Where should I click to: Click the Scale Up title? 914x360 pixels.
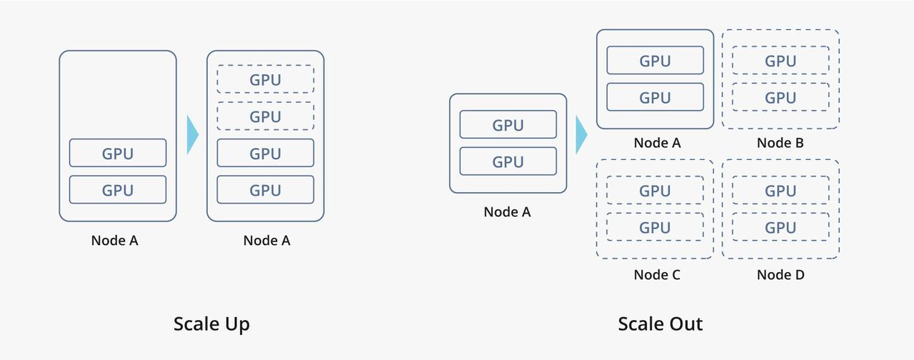pos(211,324)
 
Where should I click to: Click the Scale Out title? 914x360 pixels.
pos(660,324)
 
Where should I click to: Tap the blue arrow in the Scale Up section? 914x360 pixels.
pos(192,134)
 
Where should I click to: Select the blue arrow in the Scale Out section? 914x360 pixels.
pos(581,134)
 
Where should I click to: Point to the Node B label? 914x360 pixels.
pos(780,143)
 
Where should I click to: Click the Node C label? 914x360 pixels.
pos(657,275)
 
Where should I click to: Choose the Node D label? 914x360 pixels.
pos(780,275)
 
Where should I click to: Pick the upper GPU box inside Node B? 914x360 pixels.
pos(780,61)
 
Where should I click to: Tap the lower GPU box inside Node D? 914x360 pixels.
pos(780,228)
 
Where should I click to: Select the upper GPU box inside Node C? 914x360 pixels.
pos(655,191)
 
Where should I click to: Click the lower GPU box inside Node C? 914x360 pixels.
pos(655,228)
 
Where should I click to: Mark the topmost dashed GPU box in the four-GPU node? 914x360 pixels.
pos(266,79)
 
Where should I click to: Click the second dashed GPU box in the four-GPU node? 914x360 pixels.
pos(266,116)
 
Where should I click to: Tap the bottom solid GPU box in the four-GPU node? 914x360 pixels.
pos(266,190)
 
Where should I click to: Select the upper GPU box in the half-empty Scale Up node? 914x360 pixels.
pos(118,153)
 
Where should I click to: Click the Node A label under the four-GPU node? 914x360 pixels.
pos(266,241)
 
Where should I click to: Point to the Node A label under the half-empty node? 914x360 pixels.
pos(114,241)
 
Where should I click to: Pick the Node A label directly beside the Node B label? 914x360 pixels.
pos(657,143)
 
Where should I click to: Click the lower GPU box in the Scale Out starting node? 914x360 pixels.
pos(508,161)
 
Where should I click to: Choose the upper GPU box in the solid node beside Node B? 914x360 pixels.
pos(655,61)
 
